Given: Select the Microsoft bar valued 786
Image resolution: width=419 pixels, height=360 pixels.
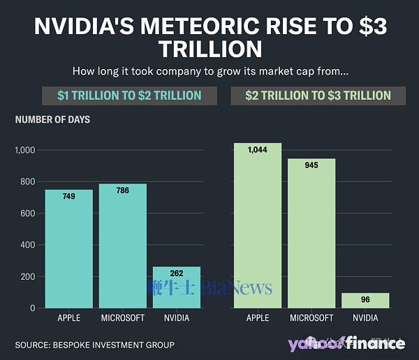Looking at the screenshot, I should (x=123, y=246).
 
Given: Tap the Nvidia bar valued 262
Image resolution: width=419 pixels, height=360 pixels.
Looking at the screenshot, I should (x=176, y=287).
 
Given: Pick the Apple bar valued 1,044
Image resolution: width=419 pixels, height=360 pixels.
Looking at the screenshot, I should (x=258, y=225).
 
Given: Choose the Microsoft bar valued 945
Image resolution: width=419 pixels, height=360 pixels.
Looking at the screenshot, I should (x=311, y=233).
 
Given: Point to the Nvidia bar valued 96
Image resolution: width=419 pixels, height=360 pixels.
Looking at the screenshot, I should (x=365, y=300).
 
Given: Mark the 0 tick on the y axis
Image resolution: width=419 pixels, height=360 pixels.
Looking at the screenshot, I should (x=31, y=308).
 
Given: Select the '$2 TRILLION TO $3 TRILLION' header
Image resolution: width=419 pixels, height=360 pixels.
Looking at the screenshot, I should (x=318, y=96).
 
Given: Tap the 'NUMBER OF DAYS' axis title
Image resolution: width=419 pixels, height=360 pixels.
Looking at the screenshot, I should (x=52, y=120).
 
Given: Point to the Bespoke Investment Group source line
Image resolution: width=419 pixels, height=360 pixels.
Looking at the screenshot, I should (x=94, y=345).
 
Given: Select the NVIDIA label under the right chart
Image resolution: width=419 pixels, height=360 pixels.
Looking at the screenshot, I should (x=365, y=318).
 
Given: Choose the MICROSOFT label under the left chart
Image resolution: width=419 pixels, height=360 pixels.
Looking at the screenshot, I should (x=123, y=318).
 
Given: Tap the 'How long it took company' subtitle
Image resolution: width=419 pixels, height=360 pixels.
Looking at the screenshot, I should (x=209, y=70).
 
